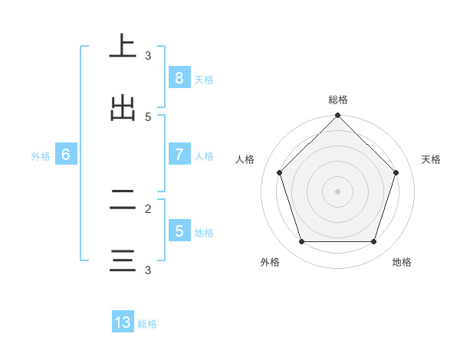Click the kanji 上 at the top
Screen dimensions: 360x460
[x=123, y=46]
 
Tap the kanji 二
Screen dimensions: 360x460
[x=123, y=200]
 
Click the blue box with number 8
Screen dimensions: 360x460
[x=179, y=77]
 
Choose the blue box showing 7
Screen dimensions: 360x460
[x=179, y=154]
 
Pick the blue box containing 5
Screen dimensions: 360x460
[x=179, y=231]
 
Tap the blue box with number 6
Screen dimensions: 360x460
[x=66, y=154]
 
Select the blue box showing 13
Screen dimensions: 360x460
[x=123, y=322]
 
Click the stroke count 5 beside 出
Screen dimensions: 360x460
[x=148, y=117]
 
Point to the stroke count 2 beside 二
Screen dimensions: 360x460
[x=148, y=208]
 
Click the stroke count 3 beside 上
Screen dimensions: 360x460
[x=148, y=56]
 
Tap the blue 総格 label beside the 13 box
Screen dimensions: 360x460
[x=147, y=324]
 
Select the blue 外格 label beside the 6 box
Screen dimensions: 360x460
[x=41, y=155]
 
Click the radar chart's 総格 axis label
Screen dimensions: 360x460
[x=337, y=100]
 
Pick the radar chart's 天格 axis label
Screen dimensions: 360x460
[x=431, y=159]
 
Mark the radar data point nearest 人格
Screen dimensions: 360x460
[x=279, y=172]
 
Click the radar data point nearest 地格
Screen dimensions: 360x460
[x=373, y=241]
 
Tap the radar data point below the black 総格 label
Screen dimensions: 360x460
[x=337, y=116]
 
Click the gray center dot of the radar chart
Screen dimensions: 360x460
[x=337, y=191]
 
